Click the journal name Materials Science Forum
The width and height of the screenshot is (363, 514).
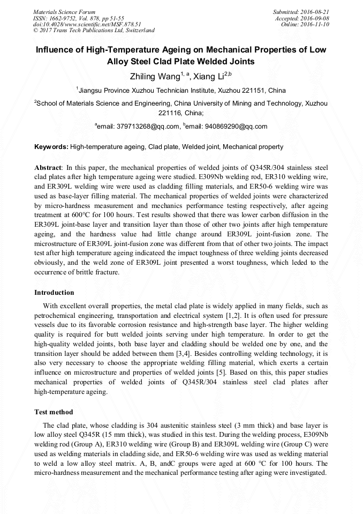pos(64,11)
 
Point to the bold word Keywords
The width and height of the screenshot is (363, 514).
pos(51,146)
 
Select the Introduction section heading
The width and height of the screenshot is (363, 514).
pos(54,292)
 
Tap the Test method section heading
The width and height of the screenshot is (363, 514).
pos(54,412)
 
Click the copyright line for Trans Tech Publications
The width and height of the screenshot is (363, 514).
pos(94,31)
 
